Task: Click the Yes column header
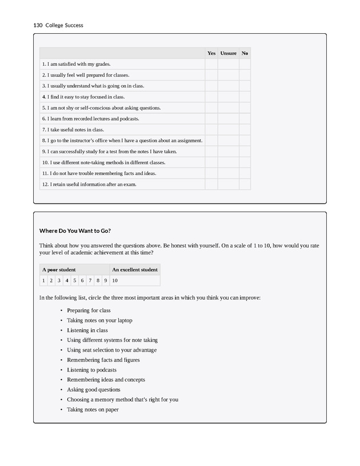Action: [211, 53]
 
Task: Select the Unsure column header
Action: [229, 53]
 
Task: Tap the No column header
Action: [245, 53]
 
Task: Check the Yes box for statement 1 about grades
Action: [211, 64]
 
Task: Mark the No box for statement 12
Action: [245, 184]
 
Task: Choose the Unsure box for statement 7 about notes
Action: [229, 130]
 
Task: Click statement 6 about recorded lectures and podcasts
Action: [90, 119]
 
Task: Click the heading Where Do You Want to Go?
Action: [75, 231]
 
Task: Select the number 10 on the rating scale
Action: [115, 281]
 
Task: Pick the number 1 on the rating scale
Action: [43, 281]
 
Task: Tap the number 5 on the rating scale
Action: [75, 281]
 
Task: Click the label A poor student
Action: [59, 269]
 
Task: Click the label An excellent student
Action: [135, 269]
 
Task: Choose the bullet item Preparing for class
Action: [89, 310]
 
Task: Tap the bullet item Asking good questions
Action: [93, 390]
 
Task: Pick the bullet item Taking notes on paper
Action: [93, 409]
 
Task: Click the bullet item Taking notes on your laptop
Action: [99, 320]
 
